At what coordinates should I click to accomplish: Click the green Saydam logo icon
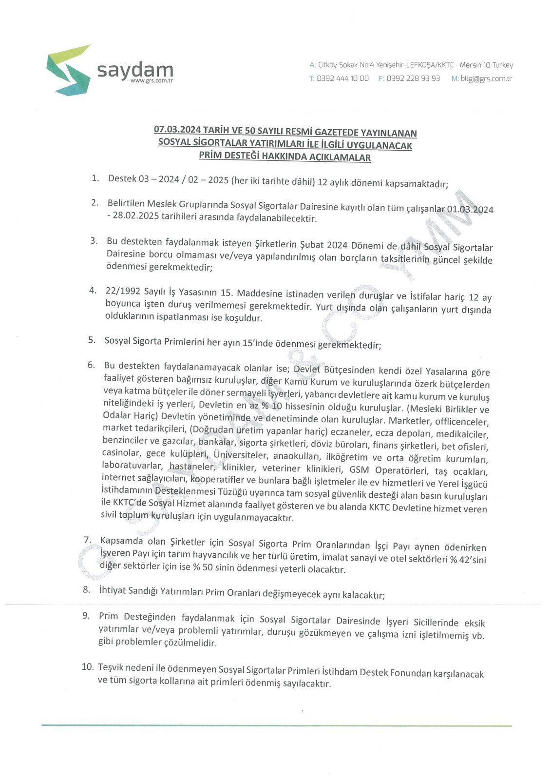click(68, 70)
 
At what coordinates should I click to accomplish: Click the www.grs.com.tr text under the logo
click(152, 81)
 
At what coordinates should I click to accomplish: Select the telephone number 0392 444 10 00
click(342, 78)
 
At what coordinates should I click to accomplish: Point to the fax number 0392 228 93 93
click(413, 78)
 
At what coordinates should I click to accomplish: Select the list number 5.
click(92, 339)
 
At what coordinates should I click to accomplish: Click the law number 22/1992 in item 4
click(123, 291)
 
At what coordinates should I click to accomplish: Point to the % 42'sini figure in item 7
click(468, 560)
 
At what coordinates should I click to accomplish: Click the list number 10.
click(88, 666)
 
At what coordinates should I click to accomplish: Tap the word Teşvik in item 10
click(113, 667)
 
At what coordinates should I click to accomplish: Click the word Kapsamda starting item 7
click(121, 541)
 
